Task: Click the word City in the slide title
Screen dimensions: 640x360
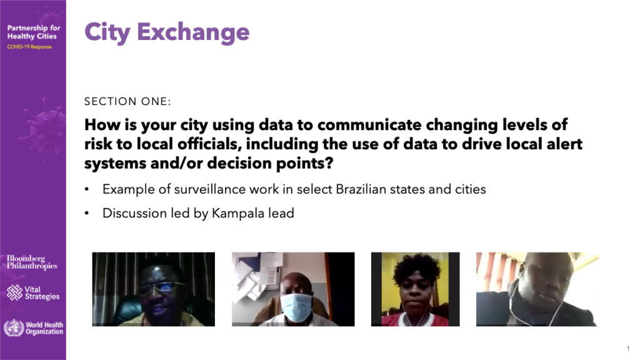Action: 107,32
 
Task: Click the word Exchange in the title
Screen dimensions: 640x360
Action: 193,32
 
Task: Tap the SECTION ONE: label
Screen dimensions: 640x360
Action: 127,101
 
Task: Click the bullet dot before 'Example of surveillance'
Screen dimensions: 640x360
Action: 86,189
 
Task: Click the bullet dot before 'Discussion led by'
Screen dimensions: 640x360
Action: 86,214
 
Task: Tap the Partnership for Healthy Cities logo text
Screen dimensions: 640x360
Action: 34,32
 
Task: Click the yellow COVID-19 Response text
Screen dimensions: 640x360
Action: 29,47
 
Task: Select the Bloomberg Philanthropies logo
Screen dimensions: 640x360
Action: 32,262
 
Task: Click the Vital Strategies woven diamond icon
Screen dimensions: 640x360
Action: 14,292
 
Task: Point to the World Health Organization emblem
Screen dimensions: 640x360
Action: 14,327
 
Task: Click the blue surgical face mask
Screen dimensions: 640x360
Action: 297,306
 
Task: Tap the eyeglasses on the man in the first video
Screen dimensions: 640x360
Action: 161,287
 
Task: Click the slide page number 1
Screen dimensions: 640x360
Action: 628,349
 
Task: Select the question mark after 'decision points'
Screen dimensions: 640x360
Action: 329,163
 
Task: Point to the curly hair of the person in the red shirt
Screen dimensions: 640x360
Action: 417,267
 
